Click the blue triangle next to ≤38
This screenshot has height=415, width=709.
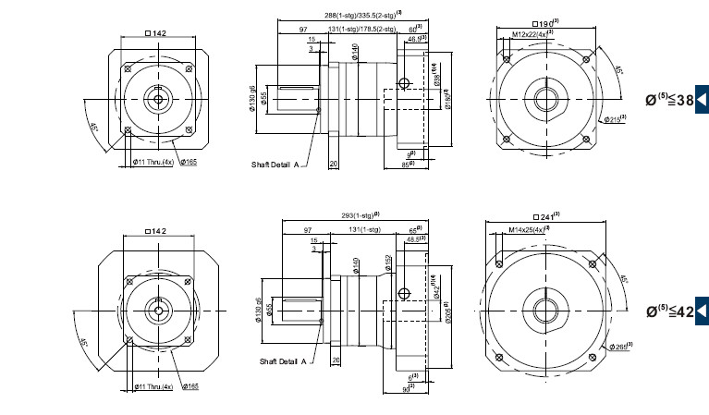click(x=702, y=100)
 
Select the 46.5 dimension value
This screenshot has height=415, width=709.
click(x=415, y=40)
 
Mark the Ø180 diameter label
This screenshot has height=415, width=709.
click(x=446, y=101)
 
